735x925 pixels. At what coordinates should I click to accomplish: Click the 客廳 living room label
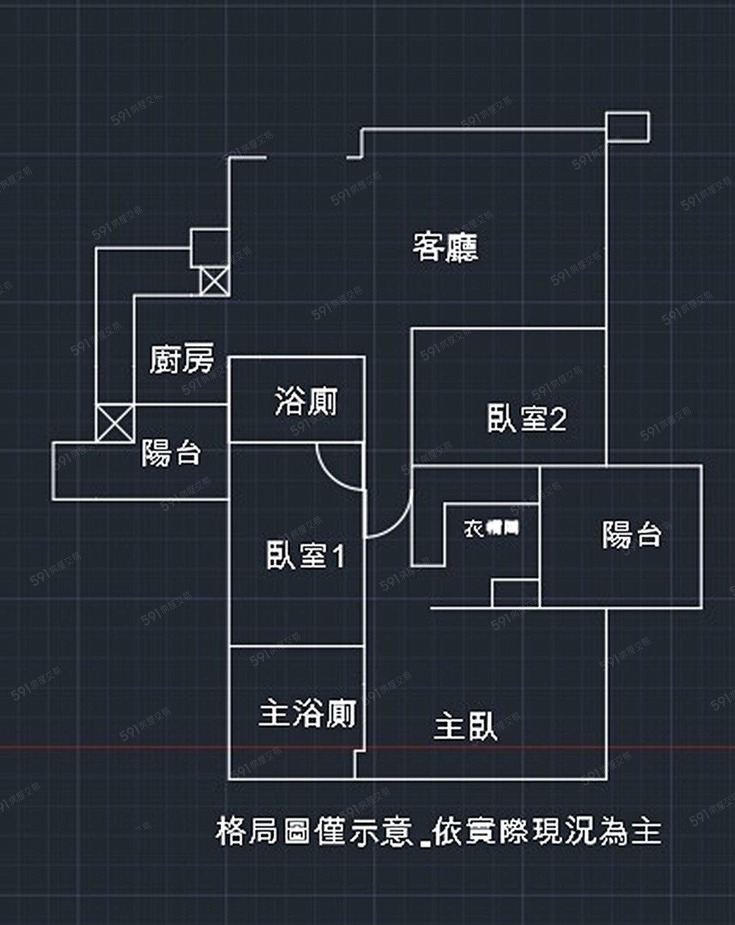click(x=445, y=247)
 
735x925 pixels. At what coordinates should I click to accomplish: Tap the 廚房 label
click(x=182, y=359)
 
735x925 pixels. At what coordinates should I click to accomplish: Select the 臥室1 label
click(x=305, y=555)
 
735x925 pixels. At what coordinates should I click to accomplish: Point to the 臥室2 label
click(x=526, y=419)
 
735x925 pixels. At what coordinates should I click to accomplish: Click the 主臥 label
click(x=465, y=727)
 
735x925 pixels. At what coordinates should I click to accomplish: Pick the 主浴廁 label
click(x=307, y=713)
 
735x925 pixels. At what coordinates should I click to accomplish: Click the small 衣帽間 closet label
click(x=491, y=528)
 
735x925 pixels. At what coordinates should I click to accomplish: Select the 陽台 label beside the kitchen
click(x=171, y=453)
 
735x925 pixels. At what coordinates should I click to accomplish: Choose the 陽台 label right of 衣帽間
click(x=631, y=534)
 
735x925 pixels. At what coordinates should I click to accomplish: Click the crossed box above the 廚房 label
click(x=214, y=281)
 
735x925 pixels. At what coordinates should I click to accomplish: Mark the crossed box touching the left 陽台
click(x=115, y=422)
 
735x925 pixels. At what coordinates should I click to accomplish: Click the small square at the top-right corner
click(x=628, y=126)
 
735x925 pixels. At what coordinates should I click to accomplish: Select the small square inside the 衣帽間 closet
click(x=515, y=593)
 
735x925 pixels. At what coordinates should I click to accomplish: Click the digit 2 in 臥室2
click(x=558, y=420)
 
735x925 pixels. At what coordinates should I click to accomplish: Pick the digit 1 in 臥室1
click(x=337, y=555)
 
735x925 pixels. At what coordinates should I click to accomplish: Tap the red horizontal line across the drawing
click(x=110, y=749)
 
